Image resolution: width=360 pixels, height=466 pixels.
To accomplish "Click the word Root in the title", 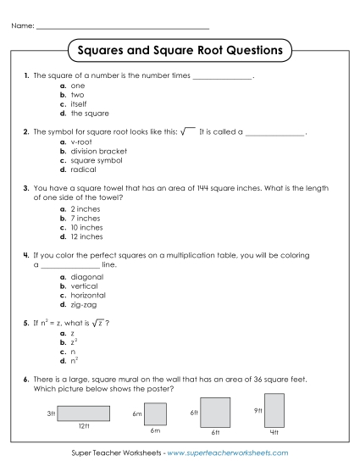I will (x=224, y=51).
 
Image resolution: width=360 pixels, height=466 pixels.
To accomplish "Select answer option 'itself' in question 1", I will (x=79, y=104).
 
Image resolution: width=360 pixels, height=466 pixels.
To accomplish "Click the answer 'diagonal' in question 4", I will (x=87, y=276).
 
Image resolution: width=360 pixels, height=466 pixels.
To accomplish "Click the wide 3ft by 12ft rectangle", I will (x=84, y=413).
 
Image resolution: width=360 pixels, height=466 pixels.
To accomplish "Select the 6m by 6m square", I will (x=155, y=413).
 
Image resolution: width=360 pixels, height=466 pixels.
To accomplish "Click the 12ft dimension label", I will (x=84, y=425).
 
